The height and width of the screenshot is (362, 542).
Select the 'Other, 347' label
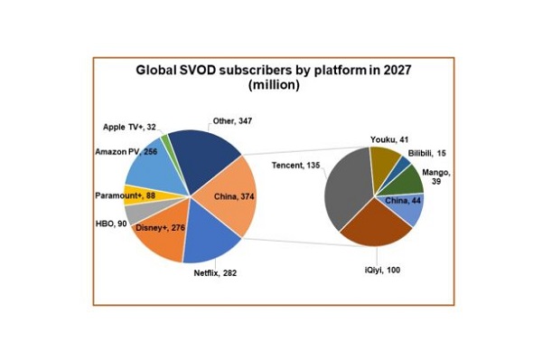pyautogui.click(x=232, y=121)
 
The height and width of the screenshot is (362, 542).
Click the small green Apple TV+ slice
pyautogui.click(x=164, y=138)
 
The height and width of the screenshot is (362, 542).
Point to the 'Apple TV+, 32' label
pyautogui.click(x=129, y=127)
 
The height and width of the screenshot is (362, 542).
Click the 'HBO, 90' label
pyautogui.click(x=111, y=224)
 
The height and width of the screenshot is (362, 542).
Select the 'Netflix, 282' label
pyautogui.click(x=215, y=273)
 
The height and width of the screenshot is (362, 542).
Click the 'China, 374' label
pyautogui.click(x=234, y=196)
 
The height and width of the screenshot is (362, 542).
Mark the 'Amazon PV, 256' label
pyautogui.click(x=126, y=152)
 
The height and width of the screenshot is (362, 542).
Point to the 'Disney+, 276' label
pyautogui.click(x=161, y=228)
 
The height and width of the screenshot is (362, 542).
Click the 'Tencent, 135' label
pyautogui.click(x=296, y=166)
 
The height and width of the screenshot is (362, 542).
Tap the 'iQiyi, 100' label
pyautogui.click(x=382, y=270)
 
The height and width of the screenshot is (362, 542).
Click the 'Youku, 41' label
pyautogui.click(x=389, y=139)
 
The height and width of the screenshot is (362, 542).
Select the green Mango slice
pyautogui.click(x=408, y=180)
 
